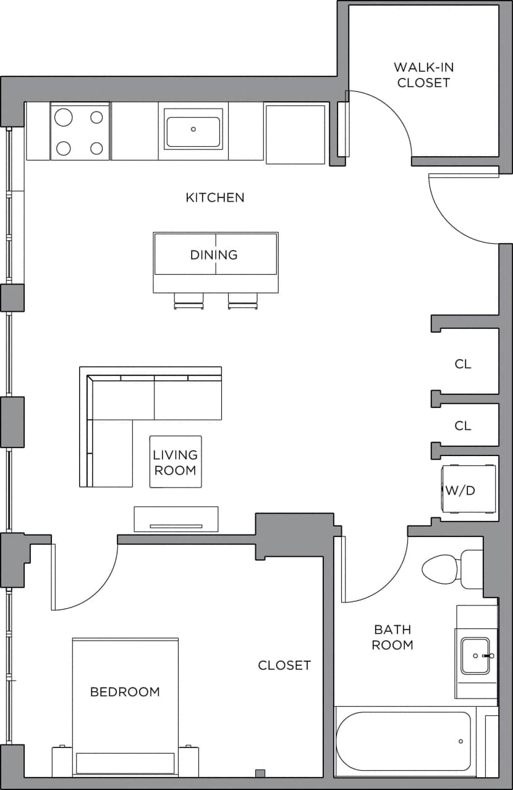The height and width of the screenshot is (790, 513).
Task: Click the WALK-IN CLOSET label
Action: tap(423, 75)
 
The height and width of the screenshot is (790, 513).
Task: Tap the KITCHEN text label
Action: tap(215, 197)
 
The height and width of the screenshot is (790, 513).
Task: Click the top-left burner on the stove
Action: tap(64, 117)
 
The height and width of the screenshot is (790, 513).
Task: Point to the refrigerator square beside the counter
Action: tap(295, 134)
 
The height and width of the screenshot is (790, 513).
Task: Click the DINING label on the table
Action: tap(214, 254)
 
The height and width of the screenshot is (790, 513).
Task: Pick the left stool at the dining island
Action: tap(189, 301)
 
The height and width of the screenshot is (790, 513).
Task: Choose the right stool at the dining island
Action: tap(242, 301)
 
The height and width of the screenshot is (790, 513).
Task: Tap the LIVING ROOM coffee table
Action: tap(176, 462)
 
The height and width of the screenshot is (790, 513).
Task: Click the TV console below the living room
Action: tap(176, 518)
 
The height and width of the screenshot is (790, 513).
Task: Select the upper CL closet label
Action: tap(463, 364)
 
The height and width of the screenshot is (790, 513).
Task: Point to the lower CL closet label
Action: tap(463, 426)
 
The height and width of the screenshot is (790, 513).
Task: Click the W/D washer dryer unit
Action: tap(468, 489)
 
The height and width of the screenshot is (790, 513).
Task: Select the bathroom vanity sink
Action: tap(477, 655)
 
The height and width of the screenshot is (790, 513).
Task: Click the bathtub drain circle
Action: tap(460, 741)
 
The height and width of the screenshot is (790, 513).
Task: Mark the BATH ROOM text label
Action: tap(392, 637)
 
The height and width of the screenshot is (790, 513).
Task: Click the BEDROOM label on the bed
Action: tap(125, 692)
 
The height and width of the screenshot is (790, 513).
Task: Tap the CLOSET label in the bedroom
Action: tap(284, 665)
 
